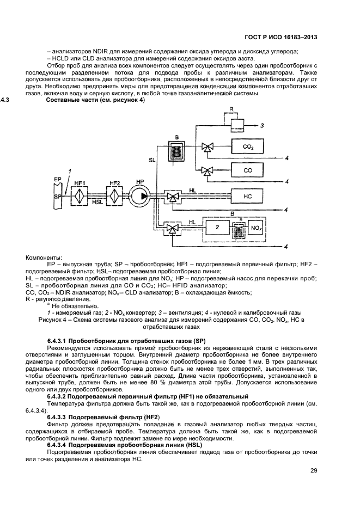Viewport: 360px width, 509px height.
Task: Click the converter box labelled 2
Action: click(218, 225)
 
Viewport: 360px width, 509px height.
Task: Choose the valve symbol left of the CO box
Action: click(207, 170)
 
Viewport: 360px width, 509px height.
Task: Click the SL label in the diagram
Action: click(152, 160)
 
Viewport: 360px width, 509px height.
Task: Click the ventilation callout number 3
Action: click(263, 126)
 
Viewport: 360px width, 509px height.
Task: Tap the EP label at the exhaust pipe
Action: click(57, 179)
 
